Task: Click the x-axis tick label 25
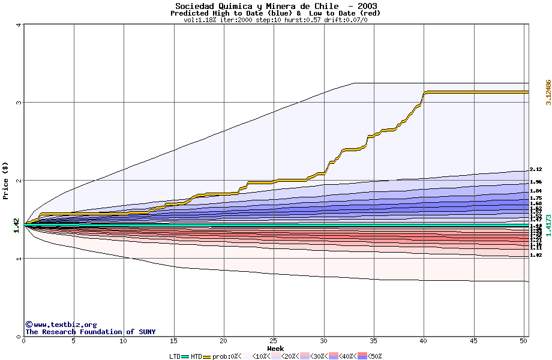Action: [x=274, y=341]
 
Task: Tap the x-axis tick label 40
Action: [x=424, y=341]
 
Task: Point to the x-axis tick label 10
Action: [x=124, y=341]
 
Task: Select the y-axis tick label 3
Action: [x=19, y=103]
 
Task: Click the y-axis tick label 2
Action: [x=19, y=181]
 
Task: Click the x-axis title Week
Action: [x=275, y=348]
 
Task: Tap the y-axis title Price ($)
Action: [x=6, y=181]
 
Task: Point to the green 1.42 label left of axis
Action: [x=17, y=226]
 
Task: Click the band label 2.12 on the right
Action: [x=536, y=170]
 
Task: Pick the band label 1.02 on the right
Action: [x=536, y=255]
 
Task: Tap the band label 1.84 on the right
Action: [x=536, y=191]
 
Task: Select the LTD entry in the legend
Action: [x=175, y=356]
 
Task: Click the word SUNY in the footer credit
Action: [x=147, y=332]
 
